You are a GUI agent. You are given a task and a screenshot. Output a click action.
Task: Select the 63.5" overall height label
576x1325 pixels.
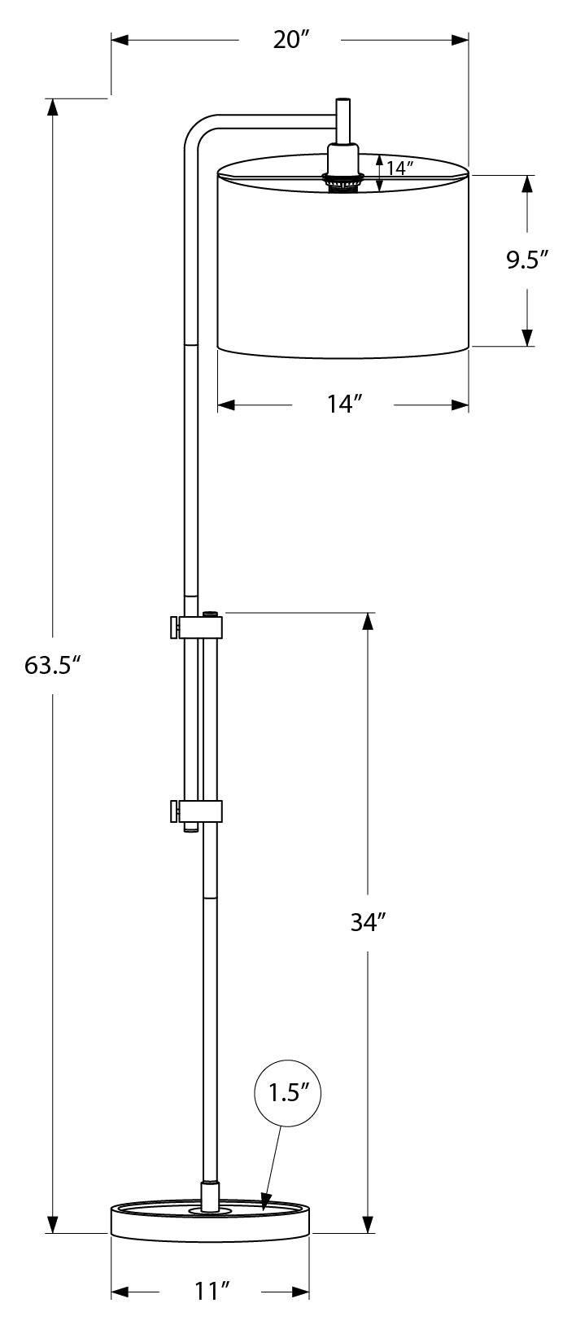pos(54,666)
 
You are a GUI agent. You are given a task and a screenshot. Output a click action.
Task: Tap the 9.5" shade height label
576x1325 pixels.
pos(527,260)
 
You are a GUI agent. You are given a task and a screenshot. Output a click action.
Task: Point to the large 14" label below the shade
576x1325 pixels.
pos(344,404)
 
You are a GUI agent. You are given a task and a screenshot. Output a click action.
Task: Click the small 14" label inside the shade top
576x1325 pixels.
pos(400,168)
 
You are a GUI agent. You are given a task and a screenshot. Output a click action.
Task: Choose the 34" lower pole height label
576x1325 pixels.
pos(367,922)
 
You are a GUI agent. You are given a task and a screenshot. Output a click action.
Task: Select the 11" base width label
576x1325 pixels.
pos(210,1292)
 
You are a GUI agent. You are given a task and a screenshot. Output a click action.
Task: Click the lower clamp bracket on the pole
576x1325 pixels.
pos(200,811)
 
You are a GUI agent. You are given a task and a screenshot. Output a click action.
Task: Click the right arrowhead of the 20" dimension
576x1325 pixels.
pos(460,39)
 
